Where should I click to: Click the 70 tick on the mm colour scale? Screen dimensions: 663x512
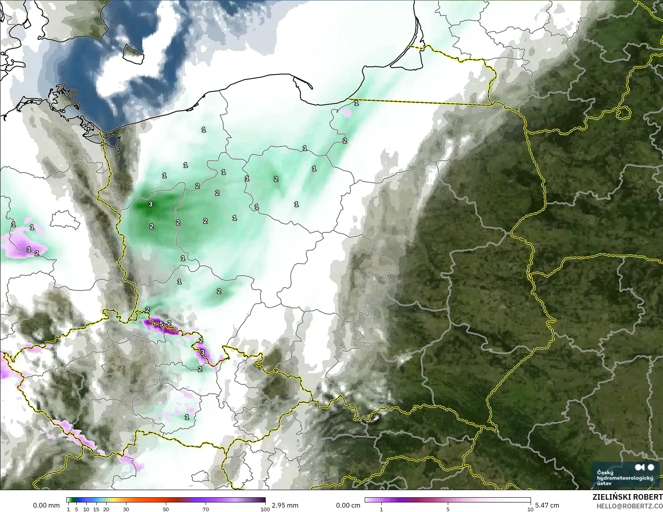click(206, 509)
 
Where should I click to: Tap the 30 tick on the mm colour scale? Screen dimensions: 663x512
click(126, 509)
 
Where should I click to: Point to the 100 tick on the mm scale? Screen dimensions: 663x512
click(265, 509)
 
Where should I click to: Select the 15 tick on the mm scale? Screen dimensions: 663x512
click(96, 509)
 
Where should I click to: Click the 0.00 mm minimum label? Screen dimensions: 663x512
click(46, 505)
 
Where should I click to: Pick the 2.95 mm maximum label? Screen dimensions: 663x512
click(285, 505)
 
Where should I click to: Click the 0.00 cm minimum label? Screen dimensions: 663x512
click(348, 505)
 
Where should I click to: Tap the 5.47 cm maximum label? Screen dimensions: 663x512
click(547, 505)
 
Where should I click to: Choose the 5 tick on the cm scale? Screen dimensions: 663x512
click(448, 509)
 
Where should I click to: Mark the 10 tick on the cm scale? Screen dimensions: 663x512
click(530, 509)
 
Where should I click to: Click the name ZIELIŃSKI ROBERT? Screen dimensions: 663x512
click(627, 497)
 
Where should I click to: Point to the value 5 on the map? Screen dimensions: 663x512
click(161, 324)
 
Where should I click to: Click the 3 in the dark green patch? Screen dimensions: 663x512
click(150, 204)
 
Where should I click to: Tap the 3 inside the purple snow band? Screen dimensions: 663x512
click(202, 352)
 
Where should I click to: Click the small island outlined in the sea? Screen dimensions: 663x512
click(133, 54)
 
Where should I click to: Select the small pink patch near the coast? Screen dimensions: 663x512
click(347, 113)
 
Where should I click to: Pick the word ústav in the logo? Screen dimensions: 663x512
click(605, 483)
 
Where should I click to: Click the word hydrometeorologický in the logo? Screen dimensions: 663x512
click(625, 478)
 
